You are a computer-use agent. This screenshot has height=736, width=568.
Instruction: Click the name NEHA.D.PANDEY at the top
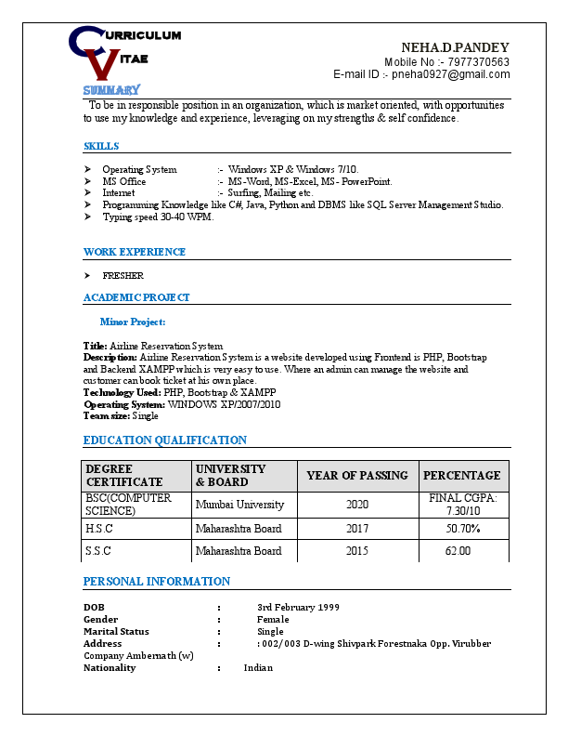[455, 47]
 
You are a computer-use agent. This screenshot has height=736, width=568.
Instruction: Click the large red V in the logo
[105, 64]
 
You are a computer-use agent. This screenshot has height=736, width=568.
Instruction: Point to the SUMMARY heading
[111, 90]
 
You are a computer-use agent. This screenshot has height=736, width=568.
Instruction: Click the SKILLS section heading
[101, 146]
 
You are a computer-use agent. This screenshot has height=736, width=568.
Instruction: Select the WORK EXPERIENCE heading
[135, 252]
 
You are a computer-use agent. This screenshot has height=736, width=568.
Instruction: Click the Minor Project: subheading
[133, 322]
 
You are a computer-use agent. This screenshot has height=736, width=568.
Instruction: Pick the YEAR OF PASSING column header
[357, 475]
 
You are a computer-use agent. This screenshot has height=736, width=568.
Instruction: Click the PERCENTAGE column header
[462, 475]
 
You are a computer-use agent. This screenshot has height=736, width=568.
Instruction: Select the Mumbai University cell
[239, 505]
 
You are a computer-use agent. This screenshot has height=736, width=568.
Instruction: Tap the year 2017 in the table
[357, 529]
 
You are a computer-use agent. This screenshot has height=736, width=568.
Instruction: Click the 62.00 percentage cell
[458, 551]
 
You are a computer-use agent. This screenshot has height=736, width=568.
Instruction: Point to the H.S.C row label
[99, 529]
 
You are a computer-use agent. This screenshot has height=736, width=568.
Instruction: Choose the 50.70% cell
[463, 529]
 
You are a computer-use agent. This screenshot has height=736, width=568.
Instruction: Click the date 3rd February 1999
[298, 607]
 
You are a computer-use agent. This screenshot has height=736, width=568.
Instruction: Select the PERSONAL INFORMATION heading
[157, 582]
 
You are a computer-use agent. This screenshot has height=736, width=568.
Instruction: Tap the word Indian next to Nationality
[258, 667]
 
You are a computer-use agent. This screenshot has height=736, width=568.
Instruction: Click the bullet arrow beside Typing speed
[87, 217]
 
